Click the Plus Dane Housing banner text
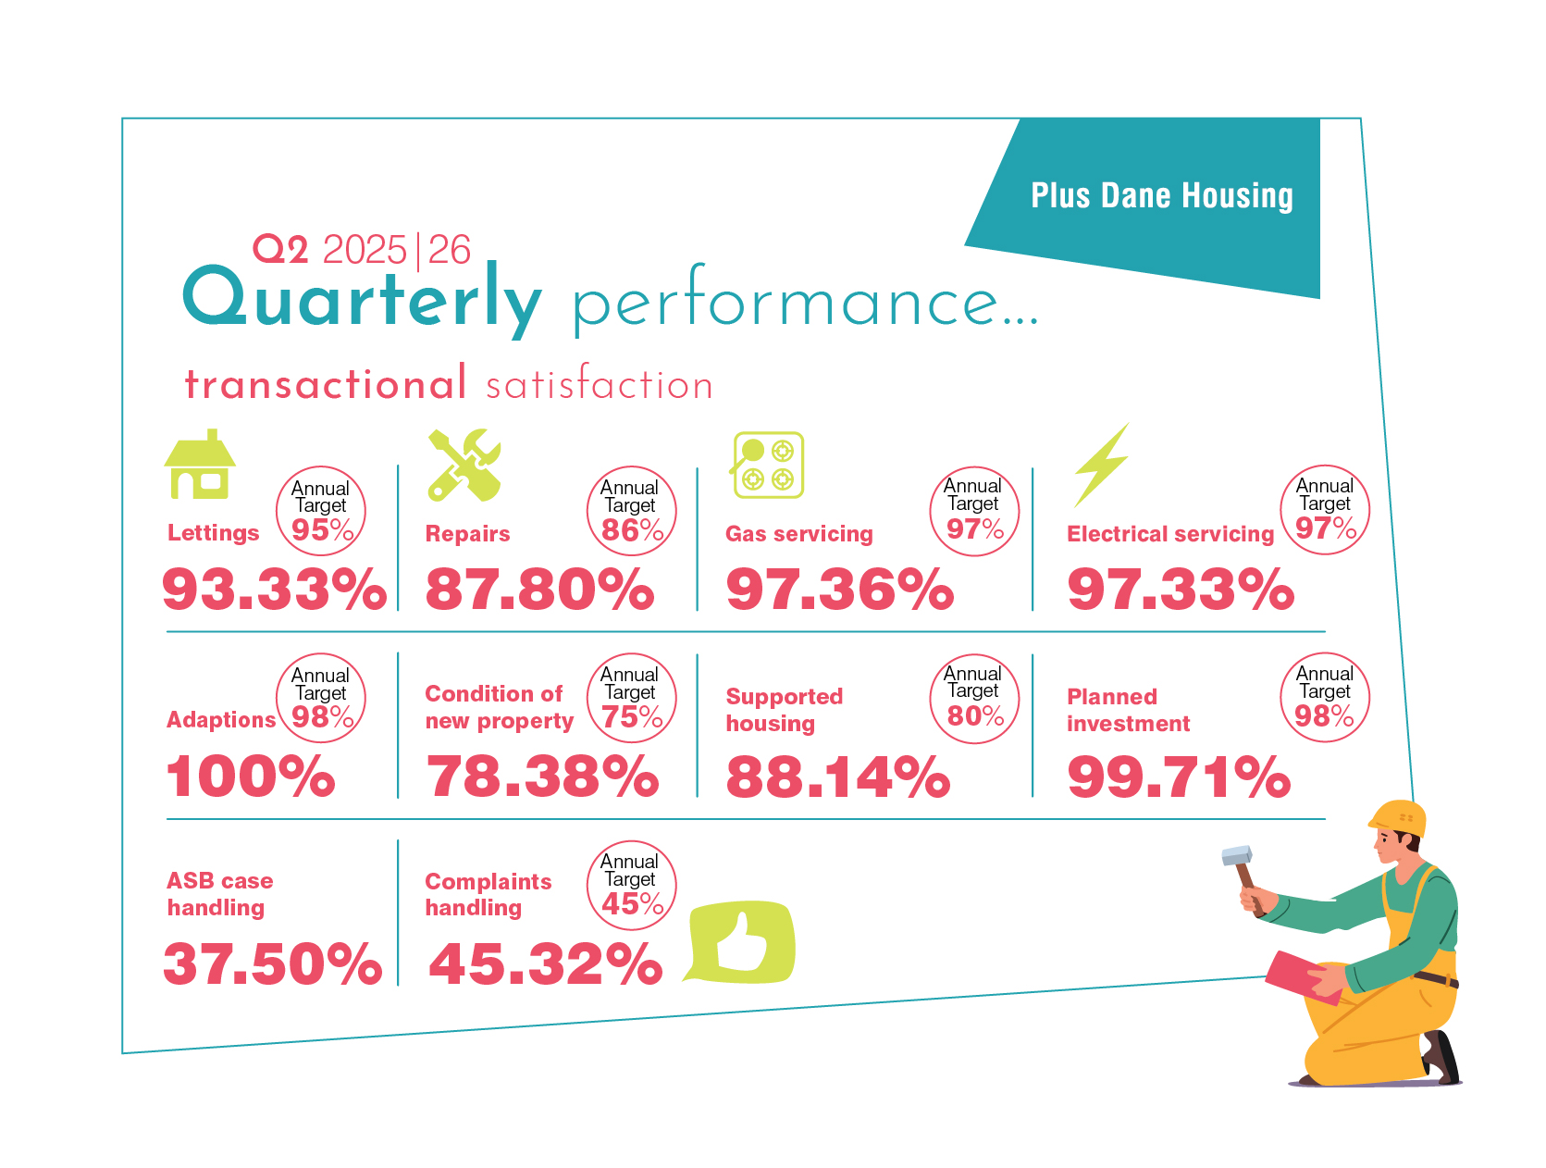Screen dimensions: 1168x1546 1161,196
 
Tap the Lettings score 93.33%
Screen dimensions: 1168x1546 274,589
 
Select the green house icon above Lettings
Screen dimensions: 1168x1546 200,465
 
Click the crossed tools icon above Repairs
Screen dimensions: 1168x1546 464,465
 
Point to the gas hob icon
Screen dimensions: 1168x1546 768,465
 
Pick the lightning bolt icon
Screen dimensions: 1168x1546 1102,465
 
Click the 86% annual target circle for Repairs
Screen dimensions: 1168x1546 632,511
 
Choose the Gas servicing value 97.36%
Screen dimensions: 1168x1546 839,589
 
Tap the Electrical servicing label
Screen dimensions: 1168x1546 1170,534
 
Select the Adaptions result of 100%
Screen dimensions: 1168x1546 250,776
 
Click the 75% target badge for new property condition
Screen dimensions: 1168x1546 632,698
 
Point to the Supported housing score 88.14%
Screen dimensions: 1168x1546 837,776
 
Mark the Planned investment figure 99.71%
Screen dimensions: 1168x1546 1179,776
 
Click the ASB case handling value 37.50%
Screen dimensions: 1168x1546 272,963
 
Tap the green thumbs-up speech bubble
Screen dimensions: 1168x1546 741,941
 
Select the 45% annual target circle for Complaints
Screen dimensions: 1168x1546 632,885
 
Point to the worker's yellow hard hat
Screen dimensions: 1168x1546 1398,817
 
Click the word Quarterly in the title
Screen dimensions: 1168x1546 362,298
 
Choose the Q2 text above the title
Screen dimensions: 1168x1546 280,249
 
